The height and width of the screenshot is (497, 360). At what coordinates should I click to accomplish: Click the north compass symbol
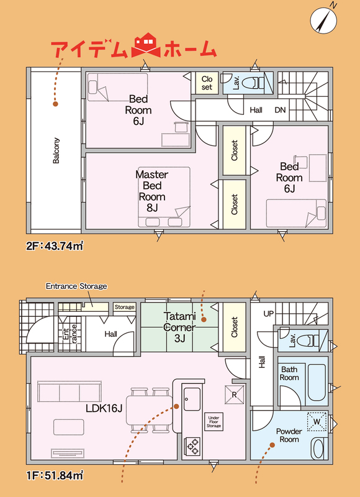tap(323, 20)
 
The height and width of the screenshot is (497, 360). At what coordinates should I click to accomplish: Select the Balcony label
tap(56, 150)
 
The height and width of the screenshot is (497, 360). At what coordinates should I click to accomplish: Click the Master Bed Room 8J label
tap(151, 191)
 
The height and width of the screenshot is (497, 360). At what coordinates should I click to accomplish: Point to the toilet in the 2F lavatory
tap(254, 82)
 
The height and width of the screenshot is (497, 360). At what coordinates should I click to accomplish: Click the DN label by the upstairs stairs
tap(280, 110)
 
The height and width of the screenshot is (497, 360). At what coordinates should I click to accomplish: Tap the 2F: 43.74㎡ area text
tap(55, 246)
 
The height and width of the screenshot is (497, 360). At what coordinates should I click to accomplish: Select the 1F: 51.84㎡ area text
tap(55, 475)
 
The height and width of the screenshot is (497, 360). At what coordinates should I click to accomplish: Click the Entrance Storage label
tap(76, 286)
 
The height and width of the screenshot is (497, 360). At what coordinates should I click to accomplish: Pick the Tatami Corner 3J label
tap(180, 327)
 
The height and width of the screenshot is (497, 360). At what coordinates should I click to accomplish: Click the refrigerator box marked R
tap(235, 394)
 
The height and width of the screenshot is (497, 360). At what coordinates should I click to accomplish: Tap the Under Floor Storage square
tap(214, 422)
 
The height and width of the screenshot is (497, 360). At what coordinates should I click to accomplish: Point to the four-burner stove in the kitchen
tap(192, 447)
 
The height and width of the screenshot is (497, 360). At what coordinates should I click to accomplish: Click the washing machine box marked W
tap(317, 421)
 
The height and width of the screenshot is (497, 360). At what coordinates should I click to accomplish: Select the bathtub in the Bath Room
tap(317, 382)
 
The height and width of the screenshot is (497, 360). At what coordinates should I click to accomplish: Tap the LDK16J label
tap(104, 409)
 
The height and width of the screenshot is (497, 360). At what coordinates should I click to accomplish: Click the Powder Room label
tap(289, 435)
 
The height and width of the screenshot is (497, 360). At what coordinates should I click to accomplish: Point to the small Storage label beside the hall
tap(124, 307)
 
